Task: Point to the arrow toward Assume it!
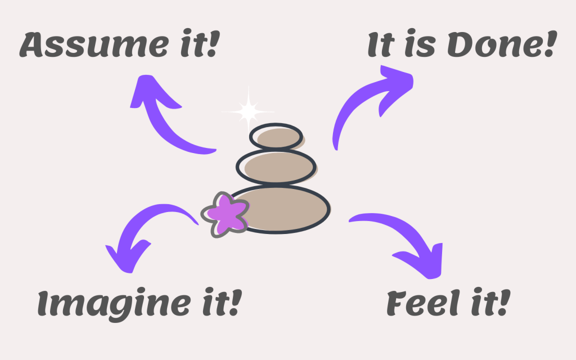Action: point(168,121)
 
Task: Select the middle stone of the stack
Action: point(276,165)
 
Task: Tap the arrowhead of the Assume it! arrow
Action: point(147,92)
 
